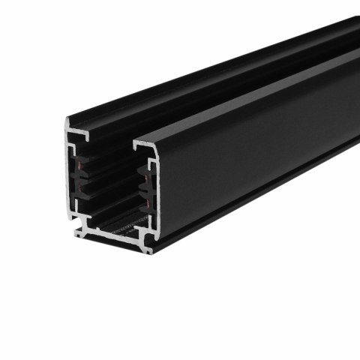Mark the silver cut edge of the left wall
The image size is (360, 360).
pos(69,180)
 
